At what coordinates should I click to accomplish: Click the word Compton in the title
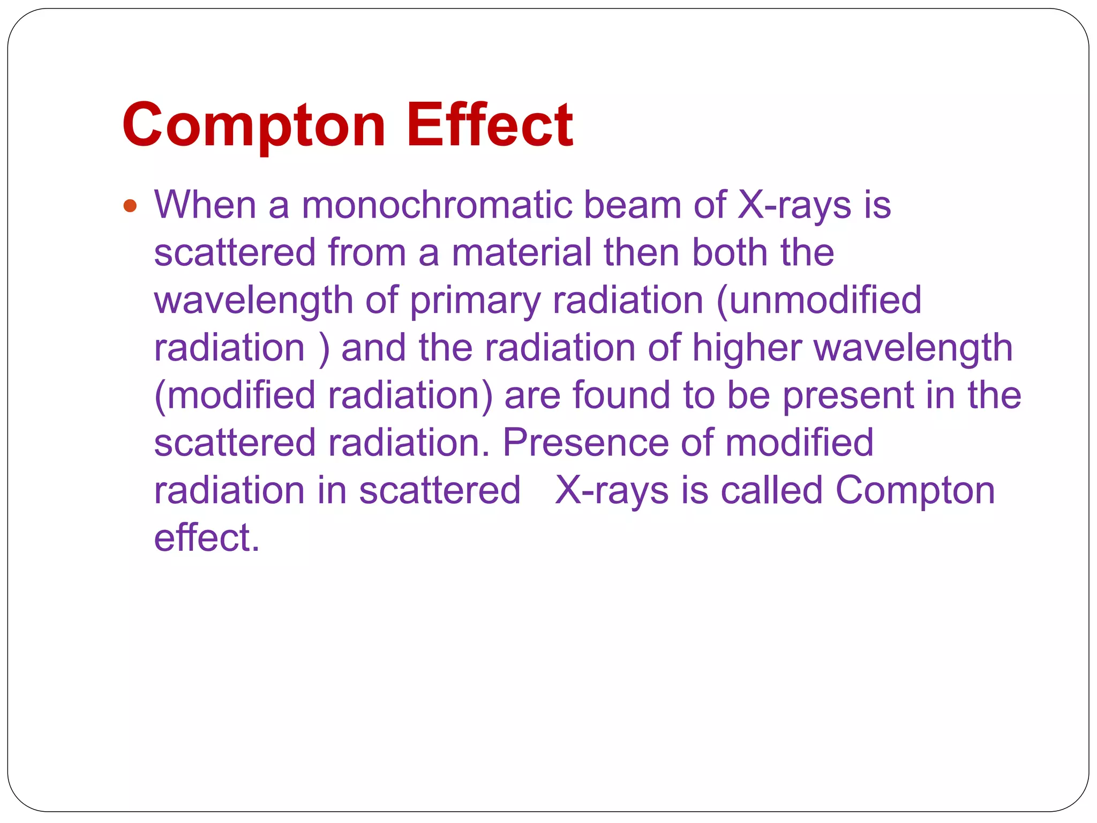click(x=253, y=125)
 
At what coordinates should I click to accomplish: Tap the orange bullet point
click(x=130, y=206)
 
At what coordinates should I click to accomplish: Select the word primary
click(x=475, y=301)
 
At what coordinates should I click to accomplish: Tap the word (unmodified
click(x=818, y=300)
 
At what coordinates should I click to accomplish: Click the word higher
click(x=747, y=348)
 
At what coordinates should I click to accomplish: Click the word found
click(x=621, y=395)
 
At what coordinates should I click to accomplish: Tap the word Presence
click(x=585, y=443)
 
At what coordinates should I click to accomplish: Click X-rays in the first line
click(x=794, y=206)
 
